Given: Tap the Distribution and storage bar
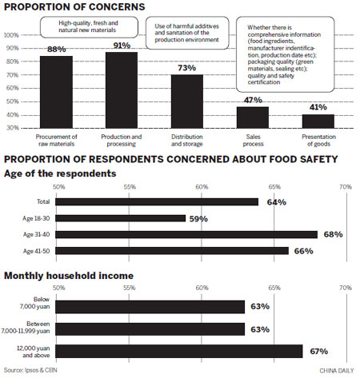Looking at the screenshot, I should pyautogui.click(x=186, y=101).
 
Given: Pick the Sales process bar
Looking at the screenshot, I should pyautogui.click(x=252, y=117).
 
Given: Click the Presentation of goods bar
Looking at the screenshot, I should pyautogui.click(x=318, y=121).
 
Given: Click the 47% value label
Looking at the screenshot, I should pyautogui.click(x=252, y=100).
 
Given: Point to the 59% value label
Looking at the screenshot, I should pyautogui.click(x=197, y=217).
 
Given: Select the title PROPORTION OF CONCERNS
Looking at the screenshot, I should pyautogui.click(x=66, y=7).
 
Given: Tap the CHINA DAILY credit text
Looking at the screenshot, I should pyautogui.click(x=336, y=370).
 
